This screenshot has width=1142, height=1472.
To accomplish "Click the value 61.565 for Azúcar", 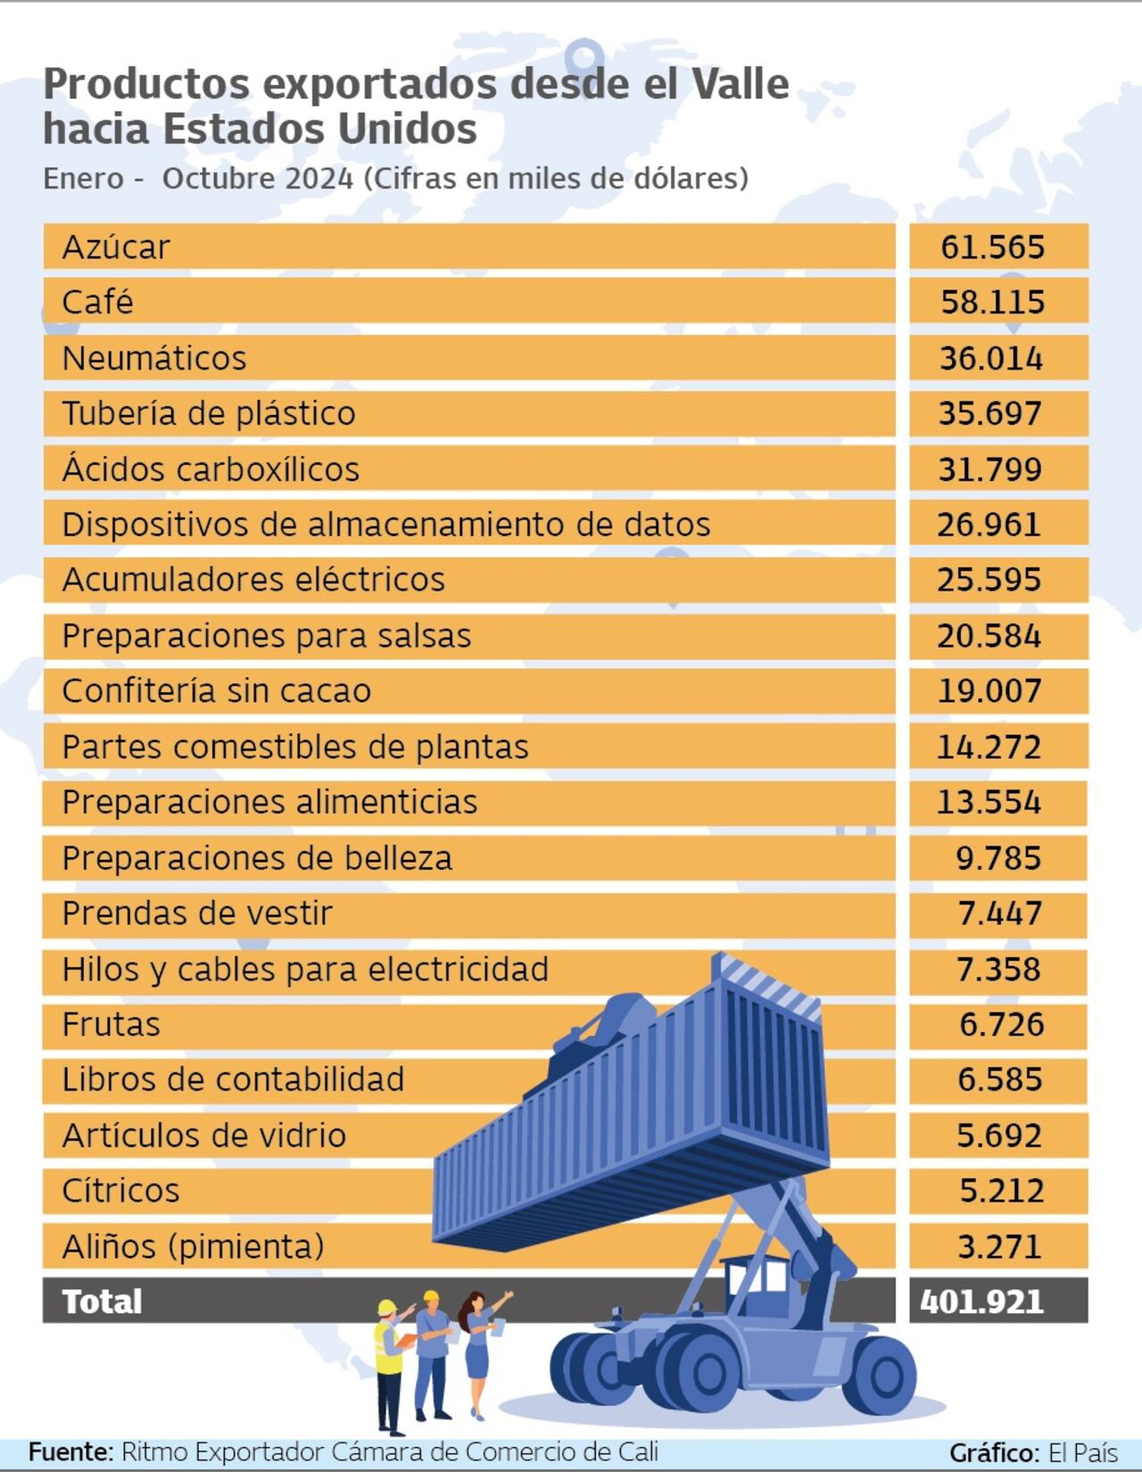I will (x=992, y=247).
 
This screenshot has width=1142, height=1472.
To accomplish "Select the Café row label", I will (x=97, y=302).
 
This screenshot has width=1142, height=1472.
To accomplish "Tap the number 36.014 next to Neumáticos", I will (x=990, y=359).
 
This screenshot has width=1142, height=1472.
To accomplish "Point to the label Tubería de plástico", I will (x=209, y=414).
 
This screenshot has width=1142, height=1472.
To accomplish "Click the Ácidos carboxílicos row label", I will (x=211, y=469).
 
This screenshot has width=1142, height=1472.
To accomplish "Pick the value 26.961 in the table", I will (x=989, y=525).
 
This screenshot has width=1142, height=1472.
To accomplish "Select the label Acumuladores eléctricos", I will (x=253, y=580).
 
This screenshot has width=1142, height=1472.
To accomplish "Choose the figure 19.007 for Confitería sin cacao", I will (x=989, y=691).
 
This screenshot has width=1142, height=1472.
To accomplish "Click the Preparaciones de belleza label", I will (x=257, y=858).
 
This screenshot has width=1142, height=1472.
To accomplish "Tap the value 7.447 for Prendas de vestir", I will (x=999, y=914).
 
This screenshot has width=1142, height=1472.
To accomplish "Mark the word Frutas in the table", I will (x=111, y=1024).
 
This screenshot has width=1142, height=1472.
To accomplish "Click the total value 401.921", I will (x=981, y=1302).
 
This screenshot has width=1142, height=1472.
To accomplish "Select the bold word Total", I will (x=102, y=1302).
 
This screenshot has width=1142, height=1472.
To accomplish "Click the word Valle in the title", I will (x=740, y=85).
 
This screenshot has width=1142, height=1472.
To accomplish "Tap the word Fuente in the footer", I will (x=70, y=1451).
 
